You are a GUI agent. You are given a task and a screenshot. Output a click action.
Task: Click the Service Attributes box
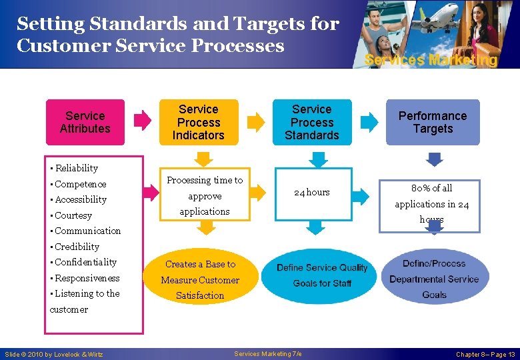coord(85,122)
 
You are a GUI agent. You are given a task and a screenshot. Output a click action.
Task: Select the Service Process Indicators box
coord(199,122)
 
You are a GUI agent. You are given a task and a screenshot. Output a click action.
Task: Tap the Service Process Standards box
coord(312,122)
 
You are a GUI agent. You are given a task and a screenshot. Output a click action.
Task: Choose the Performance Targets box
coord(433,122)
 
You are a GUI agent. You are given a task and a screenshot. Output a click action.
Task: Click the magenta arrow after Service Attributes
coord(143,120)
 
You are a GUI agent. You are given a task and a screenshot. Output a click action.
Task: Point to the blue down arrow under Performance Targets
coord(434,159)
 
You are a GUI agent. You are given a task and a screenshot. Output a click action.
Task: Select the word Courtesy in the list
coord(73,215)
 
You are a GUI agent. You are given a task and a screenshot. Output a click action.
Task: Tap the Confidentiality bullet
coord(85,262)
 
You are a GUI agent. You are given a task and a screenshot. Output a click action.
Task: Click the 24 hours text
coord(312,192)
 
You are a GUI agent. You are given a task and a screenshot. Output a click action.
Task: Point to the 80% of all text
coord(432,188)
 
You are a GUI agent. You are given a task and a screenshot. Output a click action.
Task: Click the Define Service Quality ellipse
coord(322,275)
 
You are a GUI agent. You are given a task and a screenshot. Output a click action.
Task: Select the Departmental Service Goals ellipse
coord(434,279)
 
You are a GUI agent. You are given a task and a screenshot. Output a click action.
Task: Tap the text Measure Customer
coord(200,280)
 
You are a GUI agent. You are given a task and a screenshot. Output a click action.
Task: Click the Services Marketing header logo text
coord(431,60)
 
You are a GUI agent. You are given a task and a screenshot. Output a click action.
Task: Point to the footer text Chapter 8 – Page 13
coord(485,354)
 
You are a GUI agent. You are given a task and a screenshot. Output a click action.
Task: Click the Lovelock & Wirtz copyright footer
coord(54,354)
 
